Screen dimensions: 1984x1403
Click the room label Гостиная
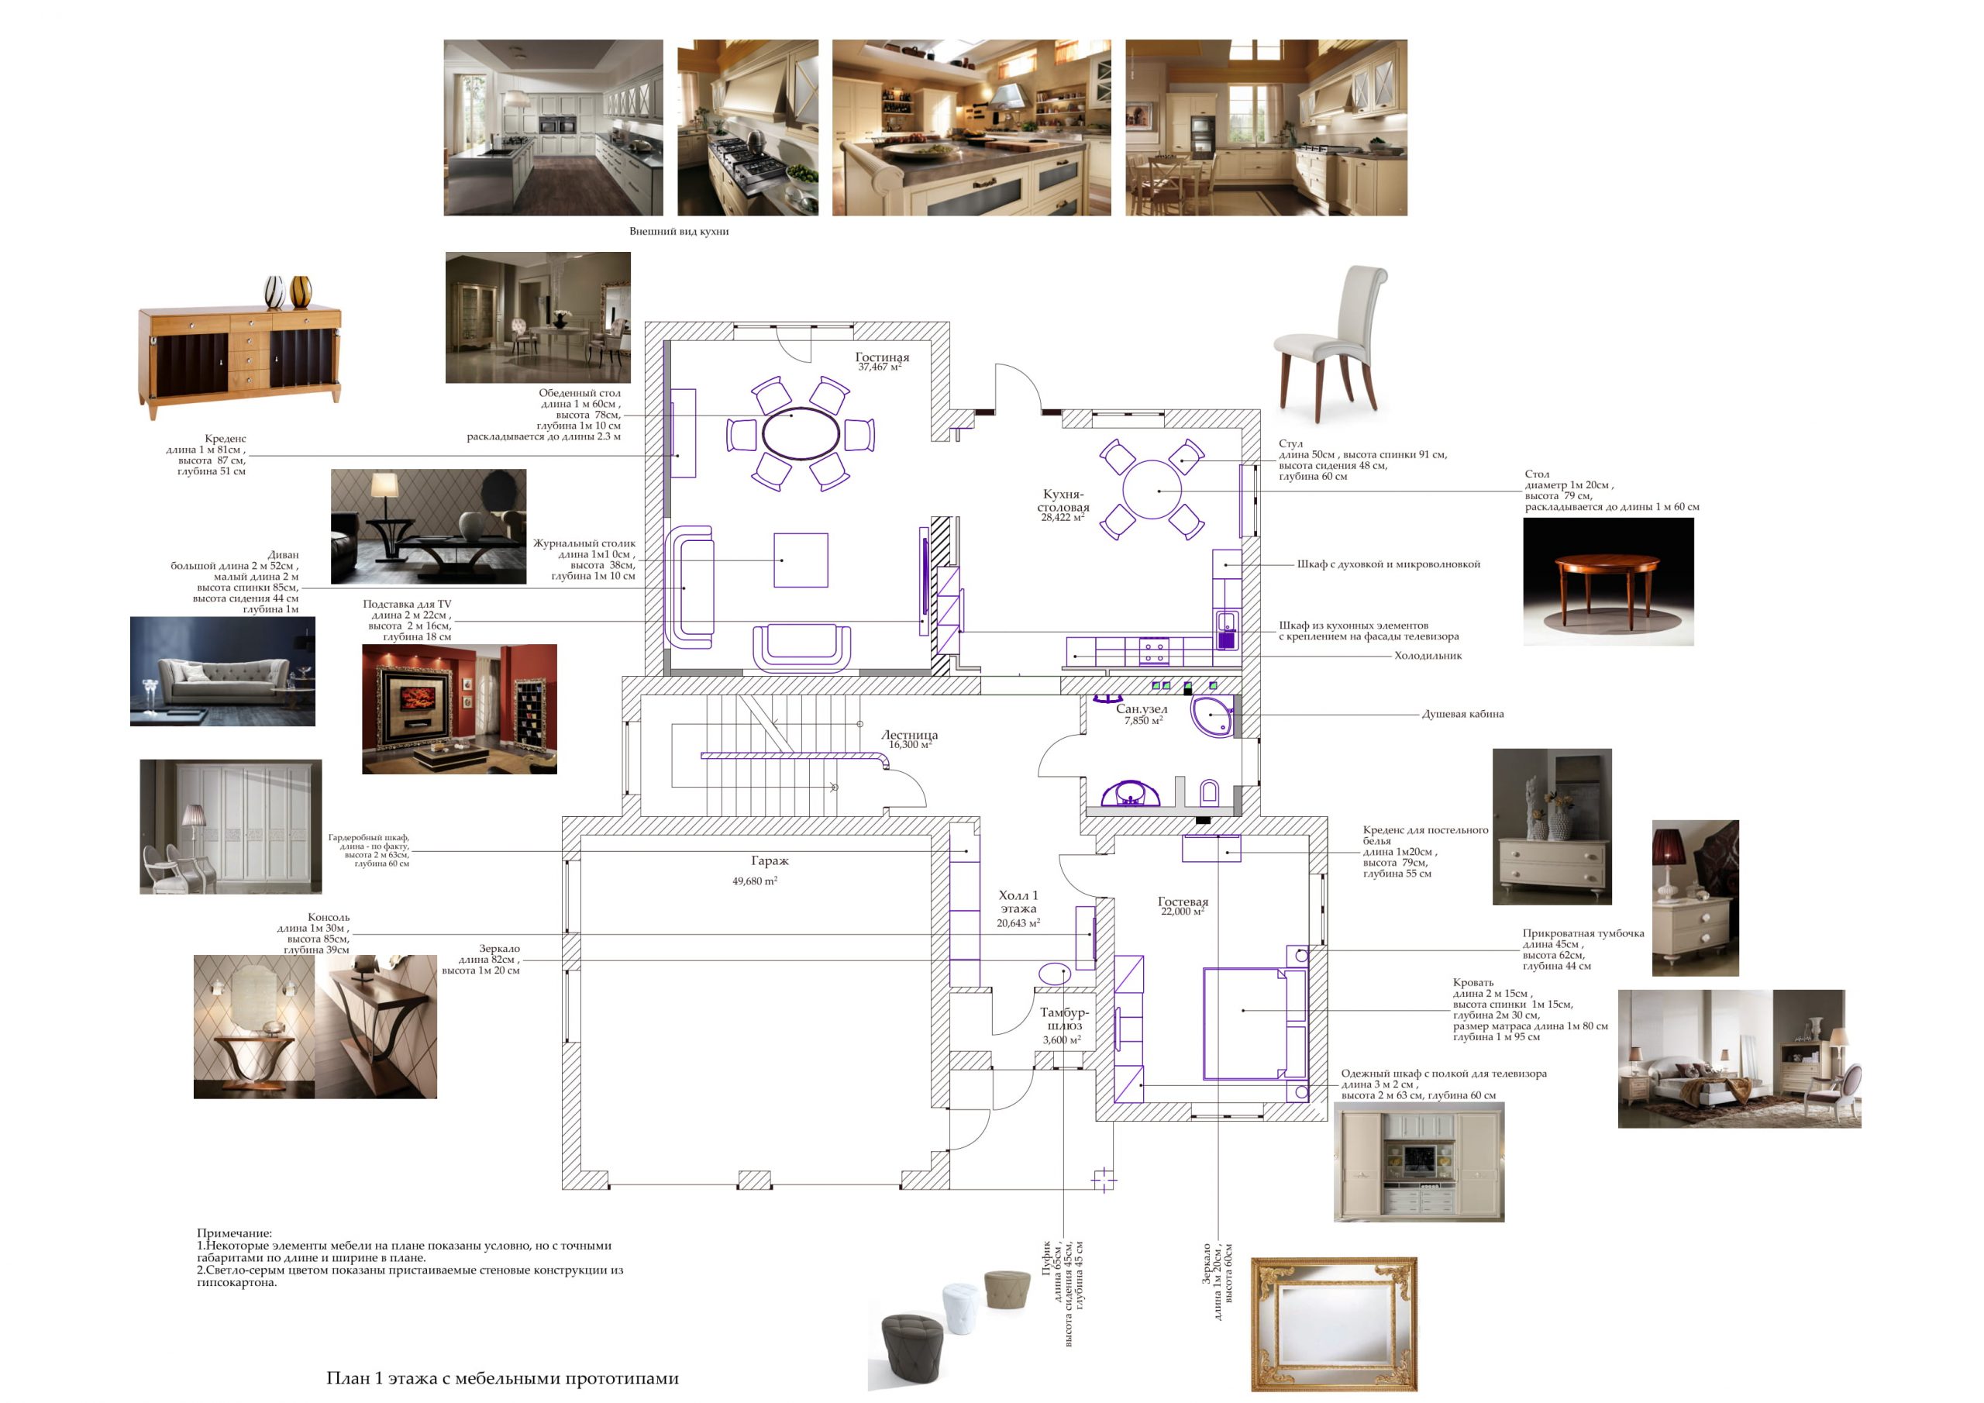[882, 357]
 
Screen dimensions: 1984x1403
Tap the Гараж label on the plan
[770, 861]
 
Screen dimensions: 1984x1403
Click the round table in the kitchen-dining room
[1152, 489]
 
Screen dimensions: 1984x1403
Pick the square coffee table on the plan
[801, 560]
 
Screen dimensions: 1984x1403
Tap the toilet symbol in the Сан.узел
[1210, 793]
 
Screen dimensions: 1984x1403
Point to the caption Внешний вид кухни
[679, 232]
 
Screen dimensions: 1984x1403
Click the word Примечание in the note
[234, 1233]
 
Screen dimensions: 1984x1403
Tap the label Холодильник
[1428, 656]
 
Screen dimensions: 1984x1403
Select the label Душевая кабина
[1463, 714]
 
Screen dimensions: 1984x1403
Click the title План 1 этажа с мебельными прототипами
[503, 1379]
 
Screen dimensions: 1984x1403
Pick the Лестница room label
[909, 735]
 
